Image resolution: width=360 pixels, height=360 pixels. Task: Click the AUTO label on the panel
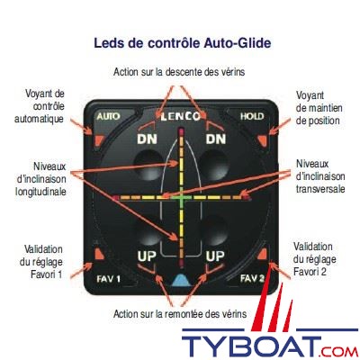pos(108,116)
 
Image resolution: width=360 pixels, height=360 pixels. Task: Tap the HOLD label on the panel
pos(252,116)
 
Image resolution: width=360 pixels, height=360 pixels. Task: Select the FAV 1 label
pos(109,279)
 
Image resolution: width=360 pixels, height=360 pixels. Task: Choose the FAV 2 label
pos(252,279)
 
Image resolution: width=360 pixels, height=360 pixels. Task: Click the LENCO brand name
pos(180,116)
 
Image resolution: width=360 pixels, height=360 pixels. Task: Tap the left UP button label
pos(147,256)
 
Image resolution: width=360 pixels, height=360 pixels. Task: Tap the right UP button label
pos(215,256)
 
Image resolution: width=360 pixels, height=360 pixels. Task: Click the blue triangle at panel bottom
pos(181,280)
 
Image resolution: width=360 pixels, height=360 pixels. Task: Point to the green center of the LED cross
pos(181,198)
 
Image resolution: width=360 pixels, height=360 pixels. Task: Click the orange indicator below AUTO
pos(98,139)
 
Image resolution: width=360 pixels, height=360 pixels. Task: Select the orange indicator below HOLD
pos(262,139)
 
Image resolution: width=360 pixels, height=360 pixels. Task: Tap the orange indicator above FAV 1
pos(99,254)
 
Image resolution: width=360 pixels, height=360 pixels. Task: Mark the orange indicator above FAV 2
pos(262,254)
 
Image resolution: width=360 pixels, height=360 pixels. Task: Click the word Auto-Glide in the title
pos(238,43)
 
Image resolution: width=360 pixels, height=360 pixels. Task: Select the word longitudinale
pos(40,192)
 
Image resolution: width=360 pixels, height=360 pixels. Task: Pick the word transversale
pos(320,189)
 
